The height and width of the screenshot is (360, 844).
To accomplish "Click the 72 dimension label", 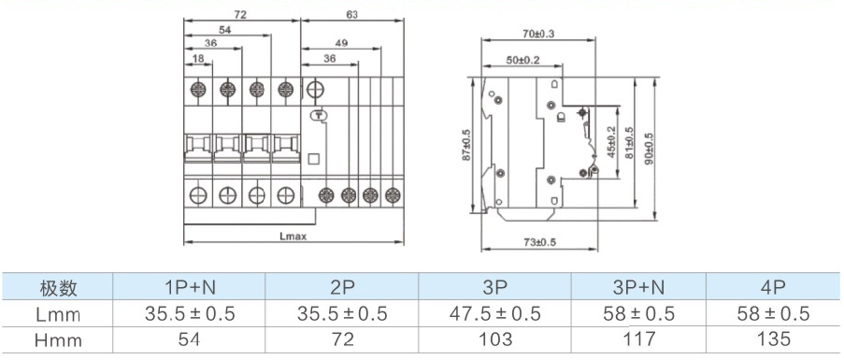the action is [240, 15].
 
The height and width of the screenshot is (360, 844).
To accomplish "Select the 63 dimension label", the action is [352, 15].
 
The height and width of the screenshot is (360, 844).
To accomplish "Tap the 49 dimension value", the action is [341, 42].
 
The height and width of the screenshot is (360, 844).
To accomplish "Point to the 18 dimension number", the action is [197, 59].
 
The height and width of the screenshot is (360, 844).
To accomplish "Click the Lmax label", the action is [293, 236].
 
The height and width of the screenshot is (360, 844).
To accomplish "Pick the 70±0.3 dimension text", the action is [538, 34].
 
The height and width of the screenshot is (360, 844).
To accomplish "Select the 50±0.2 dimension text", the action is [523, 60].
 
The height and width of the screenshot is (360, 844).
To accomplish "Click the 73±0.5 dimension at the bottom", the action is [539, 243].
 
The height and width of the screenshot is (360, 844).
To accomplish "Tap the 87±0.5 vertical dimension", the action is [466, 145].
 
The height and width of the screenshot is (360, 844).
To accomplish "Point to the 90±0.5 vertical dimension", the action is [648, 147].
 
